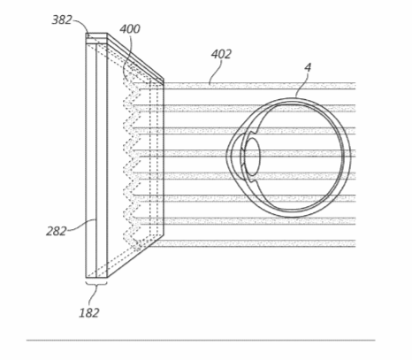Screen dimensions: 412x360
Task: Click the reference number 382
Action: (62, 20)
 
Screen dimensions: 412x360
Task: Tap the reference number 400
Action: (130, 29)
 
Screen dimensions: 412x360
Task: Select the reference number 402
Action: (221, 54)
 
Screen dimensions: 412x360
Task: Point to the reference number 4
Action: (308, 68)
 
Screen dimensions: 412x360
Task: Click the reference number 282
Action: (56, 231)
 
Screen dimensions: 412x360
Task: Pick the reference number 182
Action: (89, 313)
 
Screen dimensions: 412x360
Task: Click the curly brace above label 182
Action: (96, 284)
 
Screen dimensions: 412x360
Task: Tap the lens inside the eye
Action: (252, 157)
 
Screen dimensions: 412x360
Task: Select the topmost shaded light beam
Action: (259, 86)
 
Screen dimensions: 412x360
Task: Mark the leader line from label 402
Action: (215, 73)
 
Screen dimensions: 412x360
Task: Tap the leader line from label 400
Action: (128, 56)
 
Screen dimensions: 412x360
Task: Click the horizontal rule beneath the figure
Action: (201, 341)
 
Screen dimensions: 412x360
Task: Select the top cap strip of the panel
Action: (96, 38)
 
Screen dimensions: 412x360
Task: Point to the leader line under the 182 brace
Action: (93, 296)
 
